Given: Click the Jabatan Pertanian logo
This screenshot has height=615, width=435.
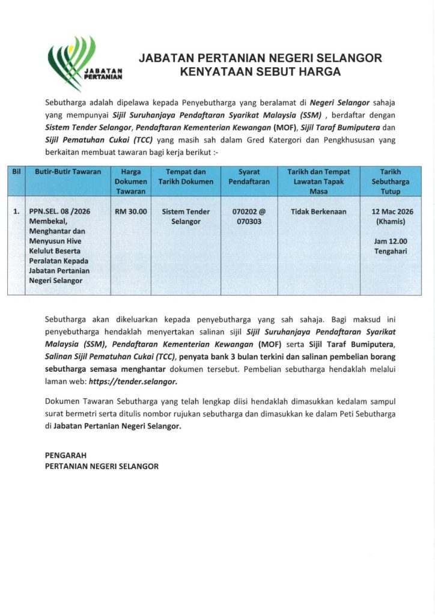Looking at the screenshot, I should click(x=84, y=64).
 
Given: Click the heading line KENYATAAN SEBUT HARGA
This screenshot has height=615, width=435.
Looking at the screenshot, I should click(x=260, y=72).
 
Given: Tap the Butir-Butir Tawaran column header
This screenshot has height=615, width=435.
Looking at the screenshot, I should click(x=67, y=172).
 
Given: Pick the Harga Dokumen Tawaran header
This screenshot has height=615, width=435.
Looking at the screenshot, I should click(x=130, y=181).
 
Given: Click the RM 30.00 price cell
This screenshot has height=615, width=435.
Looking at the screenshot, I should click(x=130, y=212).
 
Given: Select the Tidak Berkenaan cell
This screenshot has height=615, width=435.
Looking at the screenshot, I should click(x=318, y=212).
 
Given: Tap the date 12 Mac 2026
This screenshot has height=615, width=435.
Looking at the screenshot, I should click(x=392, y=212).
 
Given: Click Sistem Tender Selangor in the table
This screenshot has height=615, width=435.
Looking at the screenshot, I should click(x=190, y=217).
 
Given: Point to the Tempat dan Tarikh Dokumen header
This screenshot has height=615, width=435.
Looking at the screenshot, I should click(x=190, y=177).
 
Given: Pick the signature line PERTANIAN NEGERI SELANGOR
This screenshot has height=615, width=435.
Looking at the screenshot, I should click(x=102, y=466).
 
